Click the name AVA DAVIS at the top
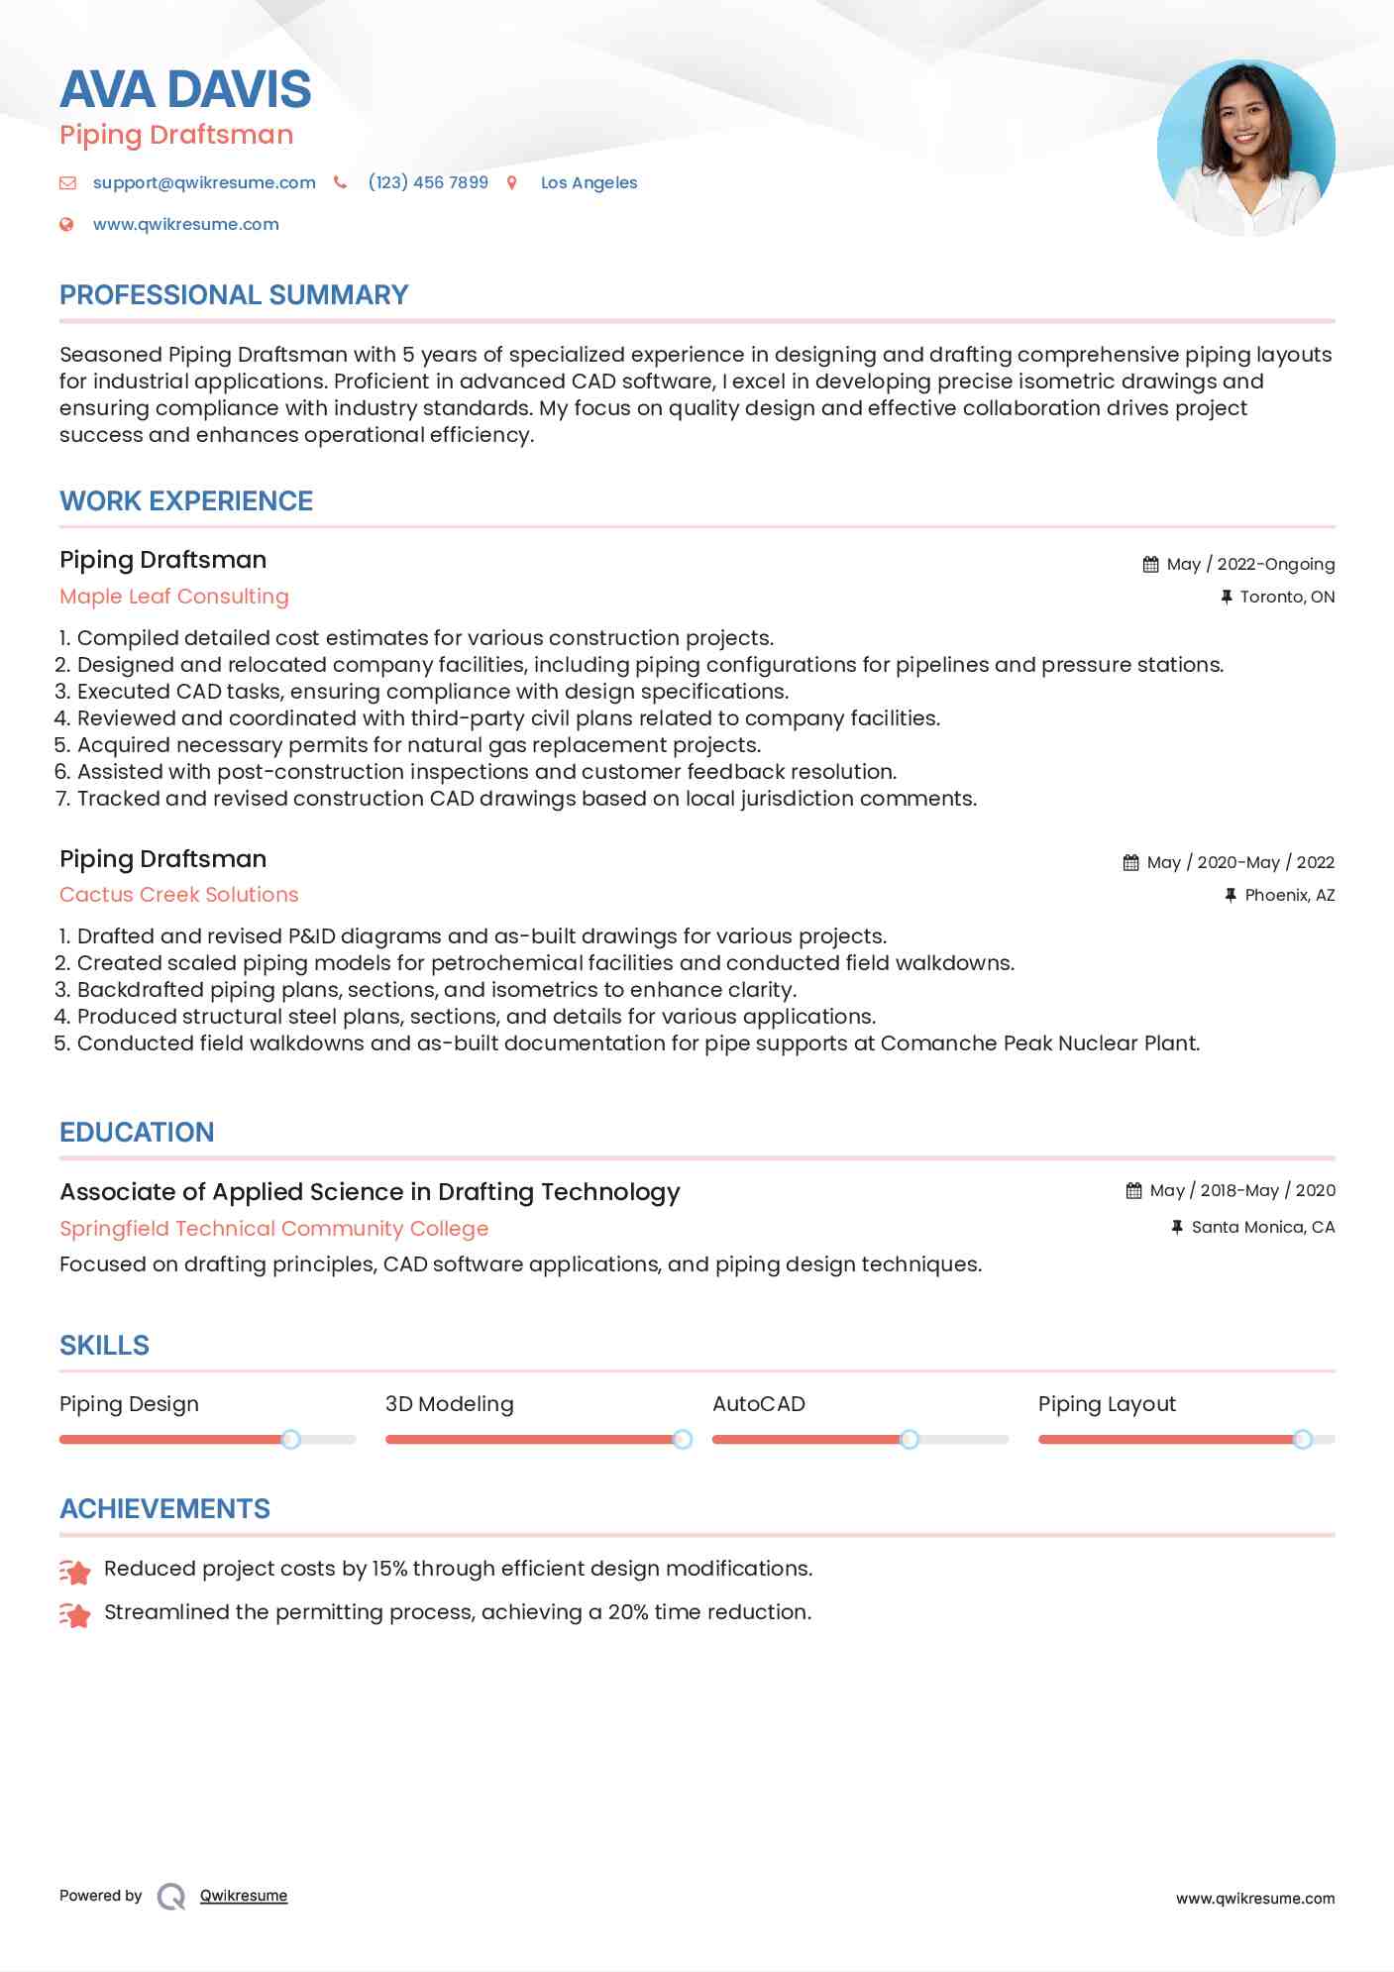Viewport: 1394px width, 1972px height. (185, 89)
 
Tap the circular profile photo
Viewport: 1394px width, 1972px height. (1245, 149)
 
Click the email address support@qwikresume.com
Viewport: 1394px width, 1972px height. (204, 182)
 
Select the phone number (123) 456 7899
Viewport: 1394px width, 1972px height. (428, 182)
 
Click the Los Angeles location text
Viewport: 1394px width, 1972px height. (589, 182)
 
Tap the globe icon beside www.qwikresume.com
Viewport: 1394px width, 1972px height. (66, 224)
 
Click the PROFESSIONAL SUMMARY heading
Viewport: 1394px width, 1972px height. (234, 295)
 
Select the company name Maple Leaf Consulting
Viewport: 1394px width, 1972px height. (174, 597)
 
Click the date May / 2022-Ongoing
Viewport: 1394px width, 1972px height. (1250, 564)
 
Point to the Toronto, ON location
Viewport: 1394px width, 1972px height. (1287, 597)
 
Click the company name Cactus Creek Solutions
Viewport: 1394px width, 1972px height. (178, 895)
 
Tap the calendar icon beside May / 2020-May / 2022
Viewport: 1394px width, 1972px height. (1130, 862)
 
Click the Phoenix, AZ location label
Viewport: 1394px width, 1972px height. (1289, 895)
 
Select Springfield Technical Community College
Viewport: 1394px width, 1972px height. (273, 1229)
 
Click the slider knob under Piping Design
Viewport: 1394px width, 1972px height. (290, 1439)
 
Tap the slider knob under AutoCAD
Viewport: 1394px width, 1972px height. (909, 1439)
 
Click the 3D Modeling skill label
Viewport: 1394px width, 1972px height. (449, 1404)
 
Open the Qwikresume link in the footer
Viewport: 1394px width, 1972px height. (243, 1896)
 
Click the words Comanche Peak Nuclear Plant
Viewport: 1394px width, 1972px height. (1039, 1043)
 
